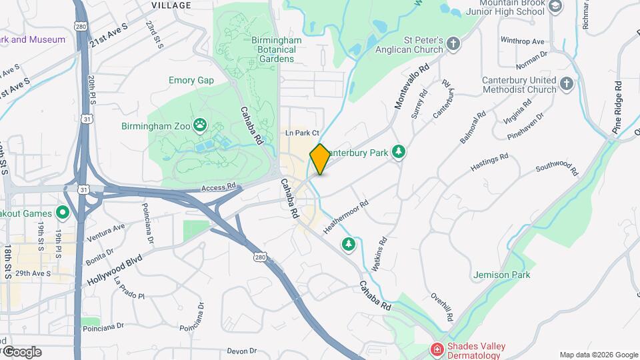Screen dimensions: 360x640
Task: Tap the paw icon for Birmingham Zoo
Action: pyautogui.click(x=199, y=125)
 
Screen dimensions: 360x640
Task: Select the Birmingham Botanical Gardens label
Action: pyautogui.click(x=277, y=49)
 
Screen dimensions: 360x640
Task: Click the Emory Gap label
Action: pyautogui.click(x=191, y=81)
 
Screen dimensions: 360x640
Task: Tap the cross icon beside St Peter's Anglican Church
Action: pyautogui.click(x=454, y=45)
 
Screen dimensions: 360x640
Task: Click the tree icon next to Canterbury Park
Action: pyautogui.click(x=399, y=153)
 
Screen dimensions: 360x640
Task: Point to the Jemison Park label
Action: pyautogui.click(x=501, y=275)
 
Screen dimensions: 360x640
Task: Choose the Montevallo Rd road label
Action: pyautogui.click(x=411, y=87)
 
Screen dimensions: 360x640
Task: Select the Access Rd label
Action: pyautogui.click(x=219, y=187)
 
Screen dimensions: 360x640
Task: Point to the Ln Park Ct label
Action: pyautogui.click(x=303, y=133)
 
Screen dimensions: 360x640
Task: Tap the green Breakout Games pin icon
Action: pyautogui.click(x=63, y=213)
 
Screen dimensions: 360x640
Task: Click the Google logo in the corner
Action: pyautogui.click(x=22, y=352)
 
